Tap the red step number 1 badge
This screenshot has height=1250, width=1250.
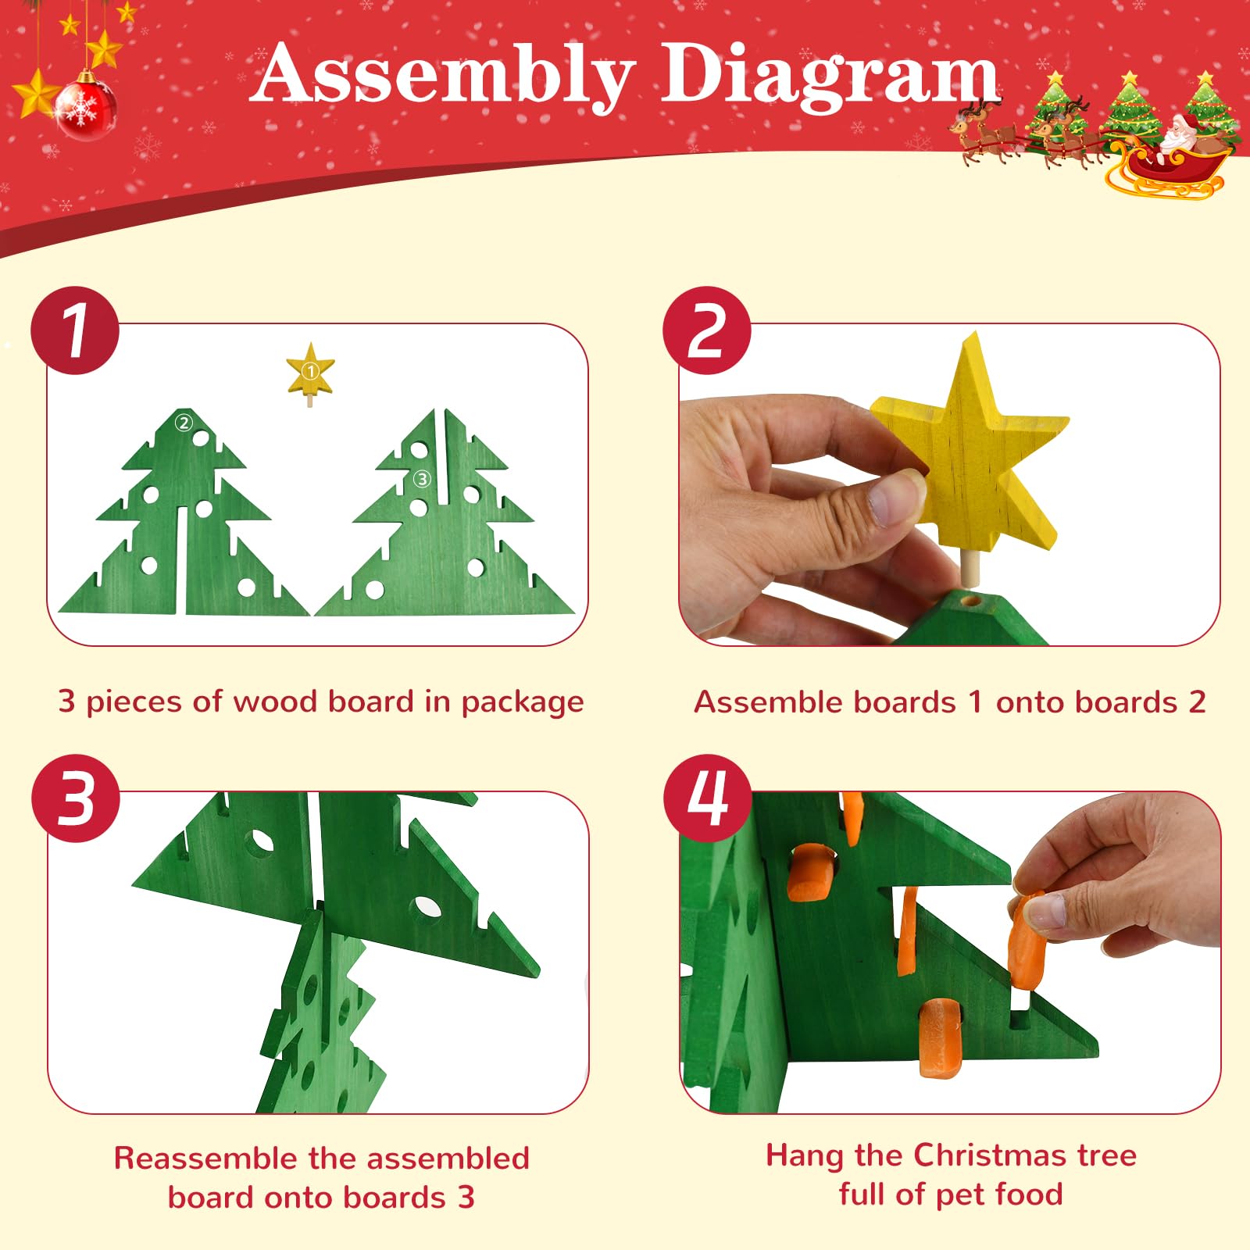click(x=75, y=330)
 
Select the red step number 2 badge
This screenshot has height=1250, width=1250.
click(x=707, y=330)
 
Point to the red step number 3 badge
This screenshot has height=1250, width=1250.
click(x=76, y=798)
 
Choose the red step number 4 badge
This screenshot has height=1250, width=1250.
click(x=708, y=798)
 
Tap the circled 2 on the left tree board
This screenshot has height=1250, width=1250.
click(x=184, y=423)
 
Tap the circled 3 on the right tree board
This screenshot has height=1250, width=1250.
click(x=422, y=479)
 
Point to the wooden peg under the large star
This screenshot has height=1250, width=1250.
click(x=971, y=568)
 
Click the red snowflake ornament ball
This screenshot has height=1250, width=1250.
click(x=86, y=109)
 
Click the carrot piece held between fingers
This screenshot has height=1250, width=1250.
click(x=1027, y=940)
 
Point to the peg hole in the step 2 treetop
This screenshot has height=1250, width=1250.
click(x=971, y=602)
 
